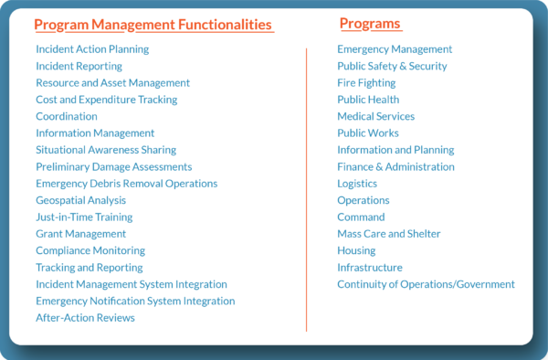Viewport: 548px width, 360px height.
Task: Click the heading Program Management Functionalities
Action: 153,25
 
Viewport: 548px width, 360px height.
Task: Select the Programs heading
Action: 370,24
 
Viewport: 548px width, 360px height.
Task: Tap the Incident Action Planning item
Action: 92,49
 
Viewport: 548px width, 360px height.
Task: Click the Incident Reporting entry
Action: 79,66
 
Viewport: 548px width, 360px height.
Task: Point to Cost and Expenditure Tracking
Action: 107,100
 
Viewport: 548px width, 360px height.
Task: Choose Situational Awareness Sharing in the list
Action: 106,150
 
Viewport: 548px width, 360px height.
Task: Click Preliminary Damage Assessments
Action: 114,166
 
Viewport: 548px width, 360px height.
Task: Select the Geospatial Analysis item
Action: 81,200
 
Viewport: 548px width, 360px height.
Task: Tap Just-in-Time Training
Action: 84,217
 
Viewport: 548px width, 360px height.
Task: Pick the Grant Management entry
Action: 80,234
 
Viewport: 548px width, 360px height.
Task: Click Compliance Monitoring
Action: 90,250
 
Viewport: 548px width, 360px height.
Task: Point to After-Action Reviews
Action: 85,318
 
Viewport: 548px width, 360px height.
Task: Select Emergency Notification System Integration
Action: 135,301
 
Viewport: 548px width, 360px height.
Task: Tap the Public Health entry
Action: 368,100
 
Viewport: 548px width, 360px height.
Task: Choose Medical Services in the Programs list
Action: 375,116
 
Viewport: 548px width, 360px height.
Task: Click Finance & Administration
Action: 395,166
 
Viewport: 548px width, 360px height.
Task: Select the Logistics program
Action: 357,184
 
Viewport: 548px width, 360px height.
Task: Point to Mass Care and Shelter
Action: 389,234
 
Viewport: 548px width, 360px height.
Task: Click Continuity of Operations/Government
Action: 426,284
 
